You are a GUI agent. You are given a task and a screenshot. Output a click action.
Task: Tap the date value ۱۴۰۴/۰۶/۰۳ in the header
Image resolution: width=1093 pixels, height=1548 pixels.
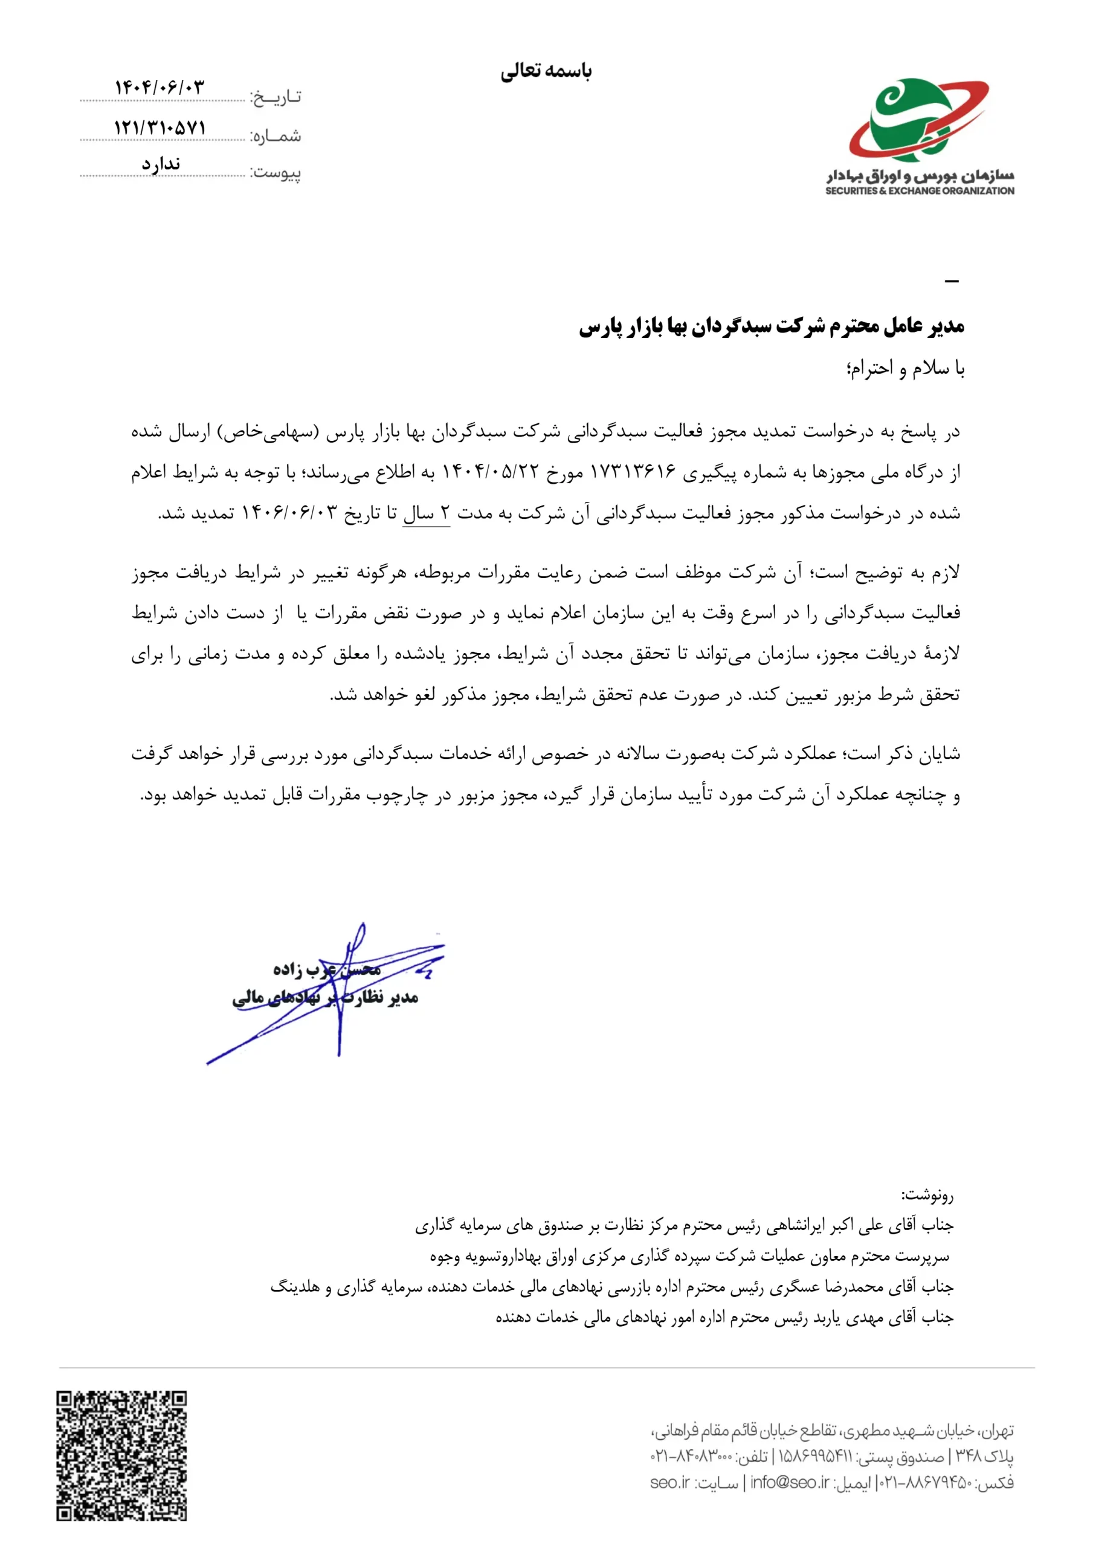coord(159,88)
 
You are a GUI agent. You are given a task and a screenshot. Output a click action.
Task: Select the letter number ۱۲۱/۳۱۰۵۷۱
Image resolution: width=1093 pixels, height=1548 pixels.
coord(160,128)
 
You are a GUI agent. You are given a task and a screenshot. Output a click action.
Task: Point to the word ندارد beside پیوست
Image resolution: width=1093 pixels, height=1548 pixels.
coord(160,164)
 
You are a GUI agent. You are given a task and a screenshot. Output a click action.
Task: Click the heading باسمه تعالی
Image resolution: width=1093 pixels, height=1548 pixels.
coord(546,71)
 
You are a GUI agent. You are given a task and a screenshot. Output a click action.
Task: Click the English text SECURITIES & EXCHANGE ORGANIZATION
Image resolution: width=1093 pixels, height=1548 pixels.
coord(919,191)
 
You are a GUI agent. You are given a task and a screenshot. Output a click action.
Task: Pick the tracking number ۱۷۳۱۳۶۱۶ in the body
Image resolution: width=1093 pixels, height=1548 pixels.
coord(632,472)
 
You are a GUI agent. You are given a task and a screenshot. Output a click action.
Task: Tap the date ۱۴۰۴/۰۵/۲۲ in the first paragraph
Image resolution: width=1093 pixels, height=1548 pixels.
coord(491,472)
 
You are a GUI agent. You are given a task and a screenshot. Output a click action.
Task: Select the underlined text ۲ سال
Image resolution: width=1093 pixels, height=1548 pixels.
coord(426,514)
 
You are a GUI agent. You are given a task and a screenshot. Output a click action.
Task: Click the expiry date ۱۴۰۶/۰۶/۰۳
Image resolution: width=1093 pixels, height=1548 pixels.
coord(289,514)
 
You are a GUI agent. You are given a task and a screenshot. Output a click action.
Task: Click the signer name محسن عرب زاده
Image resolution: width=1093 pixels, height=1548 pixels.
coord(327,969)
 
